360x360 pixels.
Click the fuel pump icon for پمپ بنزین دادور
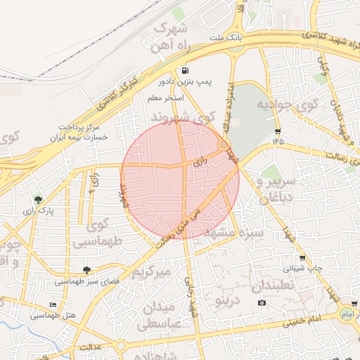point(185,70)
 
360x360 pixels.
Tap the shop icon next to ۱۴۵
point(278,131)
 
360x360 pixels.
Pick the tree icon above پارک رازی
point(38,200)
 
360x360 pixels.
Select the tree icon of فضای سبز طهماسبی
point(86,270)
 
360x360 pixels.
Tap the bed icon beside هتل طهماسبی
point(53,304)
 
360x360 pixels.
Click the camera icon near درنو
point(262,303)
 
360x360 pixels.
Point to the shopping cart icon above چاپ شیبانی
point(302,257)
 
